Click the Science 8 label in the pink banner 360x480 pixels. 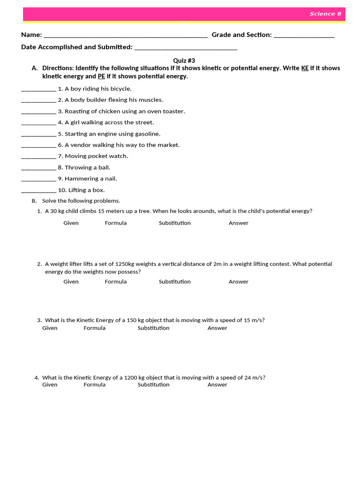click(x=325, y=14)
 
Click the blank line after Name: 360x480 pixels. click(x=125, y=36)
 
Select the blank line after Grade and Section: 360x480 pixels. click(x=304, y=36)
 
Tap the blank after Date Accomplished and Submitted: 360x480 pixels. click(x=186, y=48)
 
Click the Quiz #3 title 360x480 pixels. click(x=184, y=60)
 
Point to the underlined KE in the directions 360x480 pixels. click(x=305, y=68)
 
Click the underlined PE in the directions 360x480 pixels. click(x=101, y=76)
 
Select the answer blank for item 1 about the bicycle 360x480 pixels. click(x=38, y=89)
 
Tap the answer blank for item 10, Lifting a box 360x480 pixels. click(x=38, y=190)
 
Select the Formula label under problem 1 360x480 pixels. click(x=116, y=223)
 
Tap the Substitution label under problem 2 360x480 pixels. click(x=174, y=282)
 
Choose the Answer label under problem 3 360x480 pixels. click(x=217, y=328)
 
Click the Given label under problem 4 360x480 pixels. click(x=50, y=385)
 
